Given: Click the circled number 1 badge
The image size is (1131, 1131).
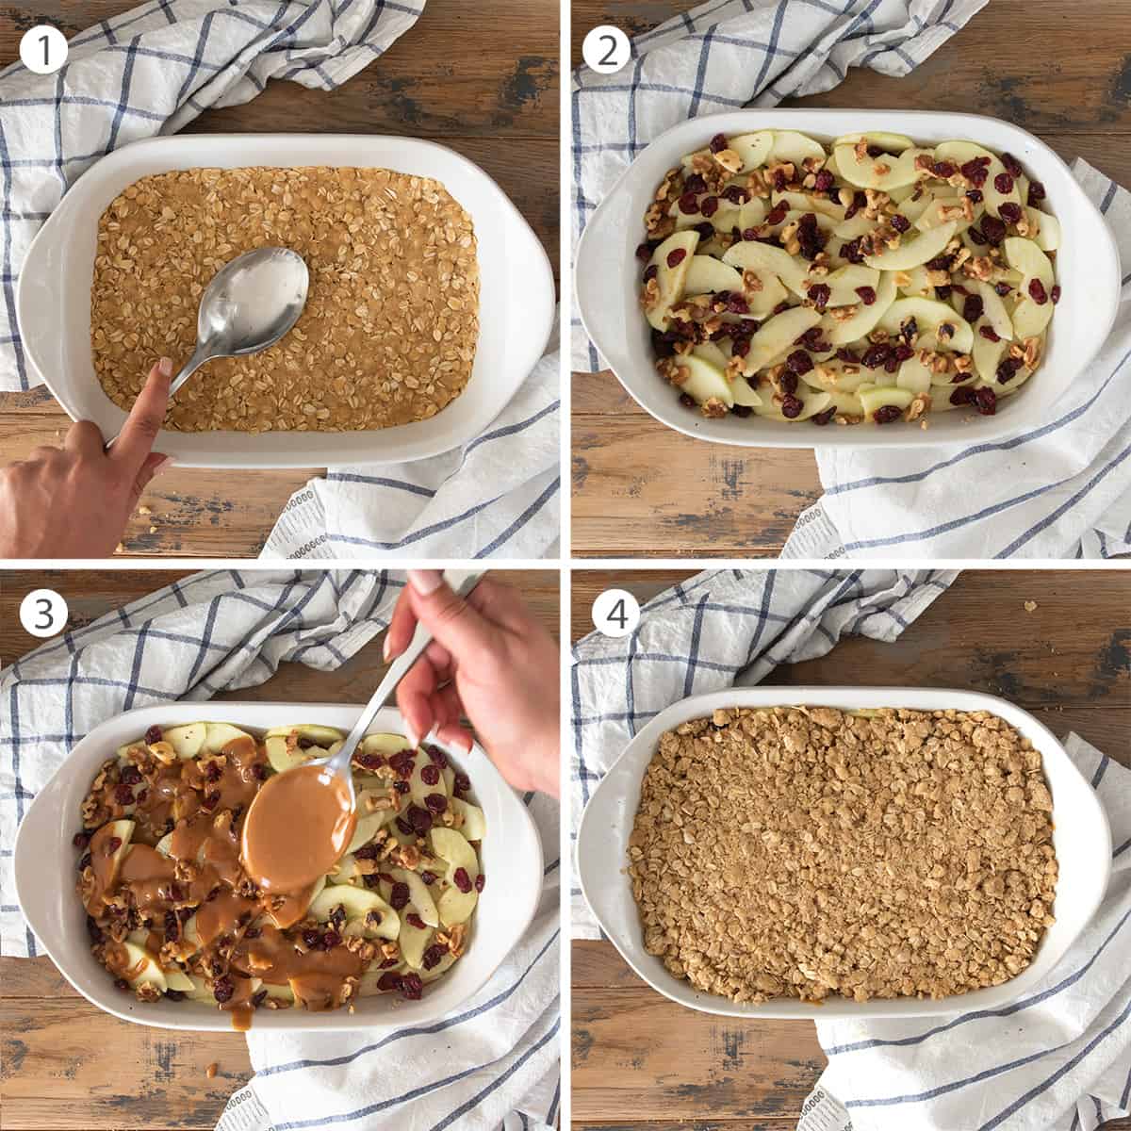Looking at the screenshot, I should pyautogui.click(x=43, y=50).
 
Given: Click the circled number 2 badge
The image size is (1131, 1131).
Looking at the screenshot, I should pyautogui.click(x=606, y=50).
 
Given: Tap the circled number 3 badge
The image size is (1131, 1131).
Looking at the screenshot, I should pyautogui.click(x=43, y=615).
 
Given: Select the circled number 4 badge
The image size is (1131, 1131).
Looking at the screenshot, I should pyautogui.click(x=615, y=615).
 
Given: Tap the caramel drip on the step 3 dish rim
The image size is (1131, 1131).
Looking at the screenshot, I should pyautogui.click(x=238, y=1014).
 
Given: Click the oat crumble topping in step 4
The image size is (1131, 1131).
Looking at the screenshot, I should pyautogui.click(x=839, y=848).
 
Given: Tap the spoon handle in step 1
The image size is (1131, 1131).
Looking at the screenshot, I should pyautogui.click(x=188, y=363).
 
